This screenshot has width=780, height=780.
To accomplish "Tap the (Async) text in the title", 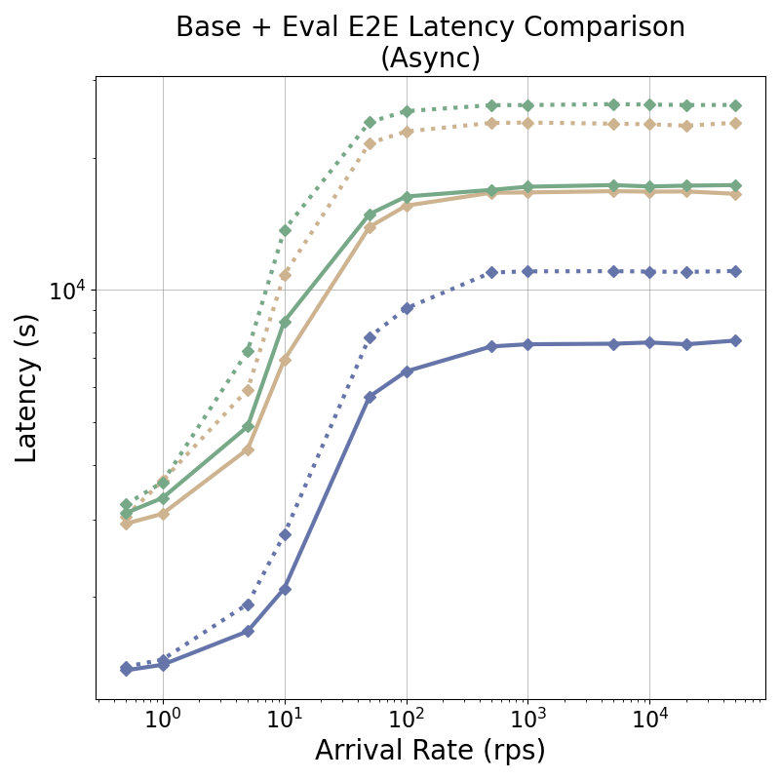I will click(430, 58).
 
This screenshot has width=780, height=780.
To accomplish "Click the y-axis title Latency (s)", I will click(27, 388).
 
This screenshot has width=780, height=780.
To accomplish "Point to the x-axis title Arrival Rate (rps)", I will click(430, 751).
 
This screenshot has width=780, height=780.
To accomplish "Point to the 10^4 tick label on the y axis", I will click(68, 291).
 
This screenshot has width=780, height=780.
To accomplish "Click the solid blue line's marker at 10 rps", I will click(285, 589).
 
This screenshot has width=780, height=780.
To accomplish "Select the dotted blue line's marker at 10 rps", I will click(285, 534).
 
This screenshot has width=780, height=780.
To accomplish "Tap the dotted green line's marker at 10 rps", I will click(285, 231).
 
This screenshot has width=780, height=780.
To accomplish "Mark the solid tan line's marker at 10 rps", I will click(285, 361).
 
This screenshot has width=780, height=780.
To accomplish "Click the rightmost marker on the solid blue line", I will click(735, 340).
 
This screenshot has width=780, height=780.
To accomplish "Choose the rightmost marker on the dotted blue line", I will click(735, 271).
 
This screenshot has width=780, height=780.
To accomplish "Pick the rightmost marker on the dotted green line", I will click(735, 105).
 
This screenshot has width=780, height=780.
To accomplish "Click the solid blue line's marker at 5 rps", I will click(248, 631).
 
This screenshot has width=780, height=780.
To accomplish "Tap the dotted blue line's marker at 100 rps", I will click(407, 308).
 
